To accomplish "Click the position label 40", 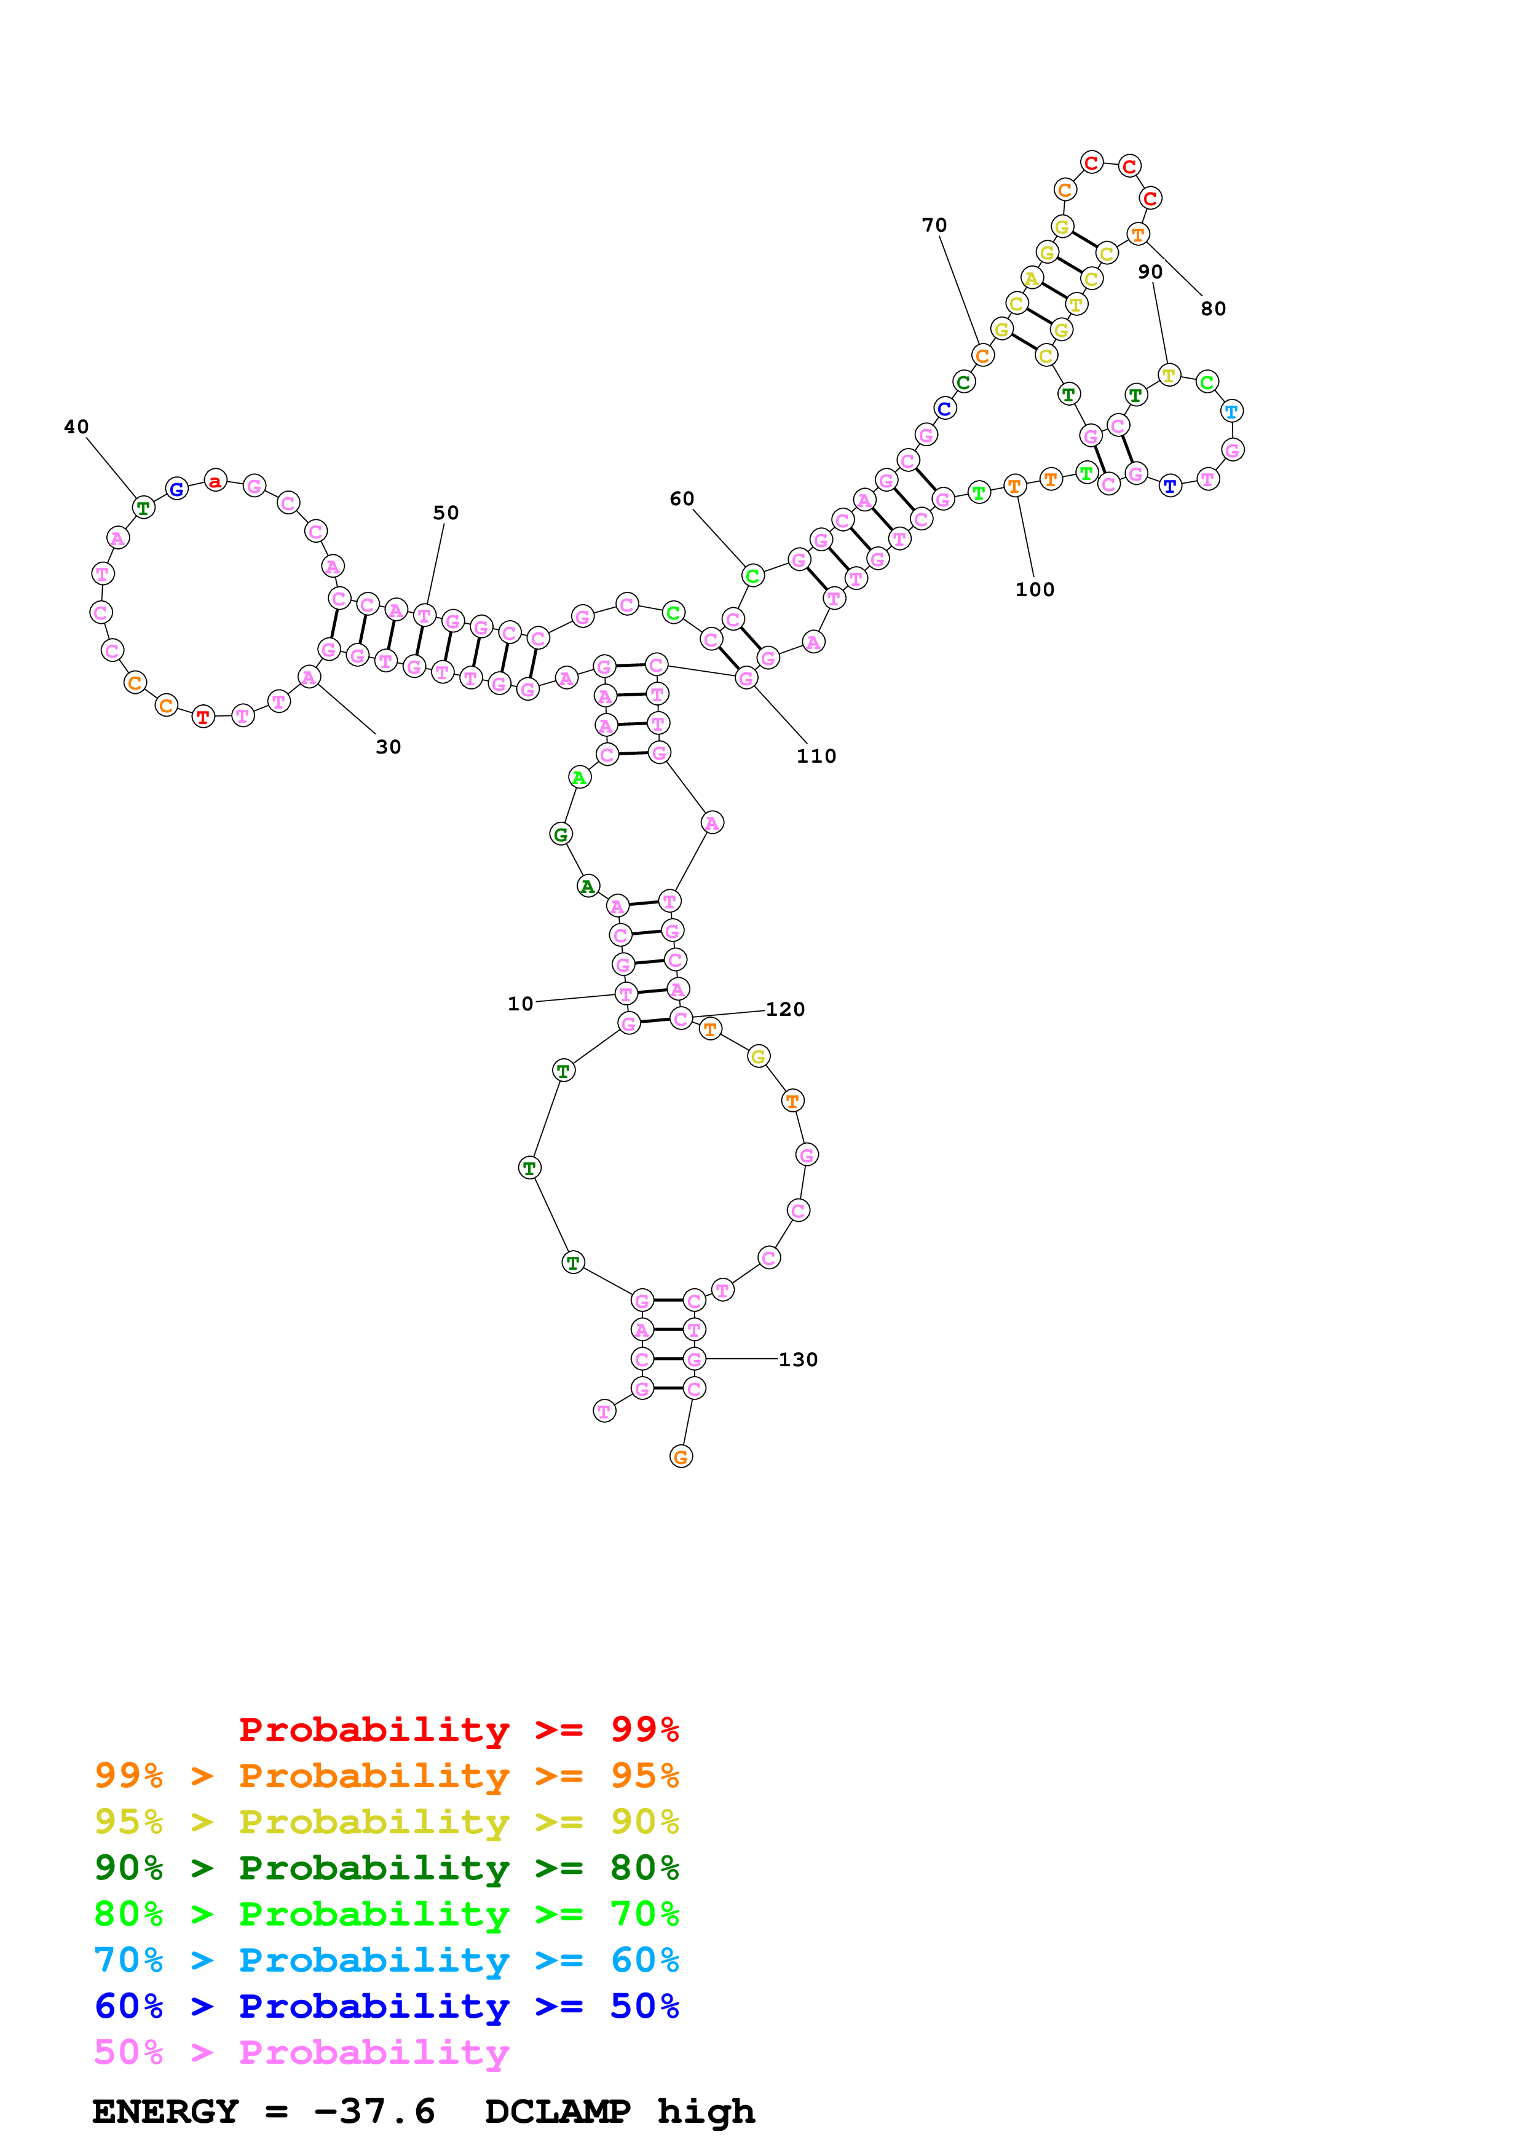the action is (76, 427).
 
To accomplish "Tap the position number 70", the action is (934, 226).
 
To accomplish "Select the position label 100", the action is (1035, 590).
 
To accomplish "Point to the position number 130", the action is (798, 1359).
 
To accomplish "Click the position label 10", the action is (520, 1004).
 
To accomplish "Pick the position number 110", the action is (816, 756).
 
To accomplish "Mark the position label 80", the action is (1213, 309).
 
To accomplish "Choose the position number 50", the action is (446, 513).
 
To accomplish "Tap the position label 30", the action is (389, 747).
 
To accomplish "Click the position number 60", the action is (682, 498).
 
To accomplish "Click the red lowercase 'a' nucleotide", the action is (215, 482).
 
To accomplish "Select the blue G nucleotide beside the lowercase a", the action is (176, 488).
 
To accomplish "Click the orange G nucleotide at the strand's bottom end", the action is (681, 1457).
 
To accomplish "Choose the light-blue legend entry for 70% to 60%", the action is (386, 1961).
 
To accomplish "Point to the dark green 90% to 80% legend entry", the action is (386, 1868).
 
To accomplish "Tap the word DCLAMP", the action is (557, 2112).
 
